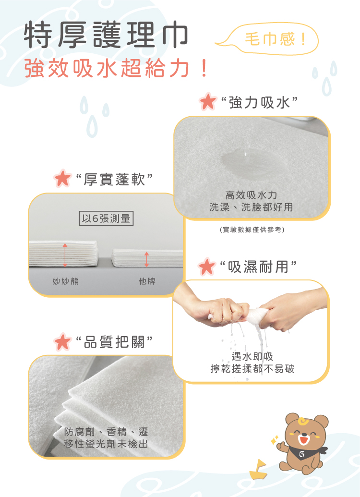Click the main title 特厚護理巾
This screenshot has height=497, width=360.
(106, 35)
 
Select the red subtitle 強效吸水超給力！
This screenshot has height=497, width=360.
(116, 69)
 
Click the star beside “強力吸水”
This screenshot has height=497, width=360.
(208, 101)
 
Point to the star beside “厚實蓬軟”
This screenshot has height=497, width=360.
(62, 179)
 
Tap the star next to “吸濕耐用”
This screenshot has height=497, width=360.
(206, 267)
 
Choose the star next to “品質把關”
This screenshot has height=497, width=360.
(62, 342)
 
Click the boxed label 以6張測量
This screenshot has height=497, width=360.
(106, 218)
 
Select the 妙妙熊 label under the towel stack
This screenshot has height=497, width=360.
(66, 281)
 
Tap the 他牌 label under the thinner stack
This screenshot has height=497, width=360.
(147, 281)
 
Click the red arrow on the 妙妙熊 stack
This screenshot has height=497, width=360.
(65, 255)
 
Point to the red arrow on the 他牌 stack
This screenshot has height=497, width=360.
(146, 259)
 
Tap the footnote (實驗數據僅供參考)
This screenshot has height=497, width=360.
(252, 230)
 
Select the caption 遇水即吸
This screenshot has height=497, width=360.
(252, 356)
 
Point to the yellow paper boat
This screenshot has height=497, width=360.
(259, 470)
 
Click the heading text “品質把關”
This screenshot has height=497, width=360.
(114, 342)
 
